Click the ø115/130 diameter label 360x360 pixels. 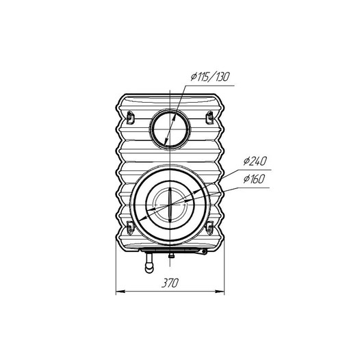[210, 77]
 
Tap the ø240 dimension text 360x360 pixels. [255, 161]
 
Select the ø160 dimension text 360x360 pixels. [255, 179]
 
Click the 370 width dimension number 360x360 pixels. [170, 283]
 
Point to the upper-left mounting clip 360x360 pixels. [130, 117]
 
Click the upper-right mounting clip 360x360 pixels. [209, 117]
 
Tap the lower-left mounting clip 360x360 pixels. [130, 228]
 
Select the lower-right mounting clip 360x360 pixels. [209, 228]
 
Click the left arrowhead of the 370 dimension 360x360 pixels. [120, 292]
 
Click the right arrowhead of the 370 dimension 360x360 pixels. [220, 292]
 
